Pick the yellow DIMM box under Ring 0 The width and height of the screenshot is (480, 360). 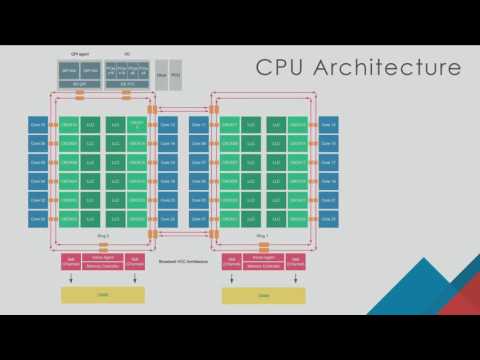(x=103, y=295)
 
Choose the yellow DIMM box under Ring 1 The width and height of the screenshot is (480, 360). (x=265, y=295)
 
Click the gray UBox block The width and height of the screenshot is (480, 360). (x=163, y=74)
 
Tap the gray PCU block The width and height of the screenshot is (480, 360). (x=176, y=74)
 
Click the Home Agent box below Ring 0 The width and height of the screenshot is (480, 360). (x=103, y=257)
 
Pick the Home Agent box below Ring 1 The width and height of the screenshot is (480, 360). (x=265, y=257)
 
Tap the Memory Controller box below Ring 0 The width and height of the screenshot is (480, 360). (x=103, y=265)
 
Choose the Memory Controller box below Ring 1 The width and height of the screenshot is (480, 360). (x=265, y=265)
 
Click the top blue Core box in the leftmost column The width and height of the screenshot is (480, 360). (x=38, y=124)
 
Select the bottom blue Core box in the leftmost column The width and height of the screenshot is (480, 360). (x=38, y=217)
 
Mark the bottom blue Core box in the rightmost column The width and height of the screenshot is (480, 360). (x=328, y=217)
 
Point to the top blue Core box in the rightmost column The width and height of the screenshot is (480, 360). (x=328, y=124)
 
